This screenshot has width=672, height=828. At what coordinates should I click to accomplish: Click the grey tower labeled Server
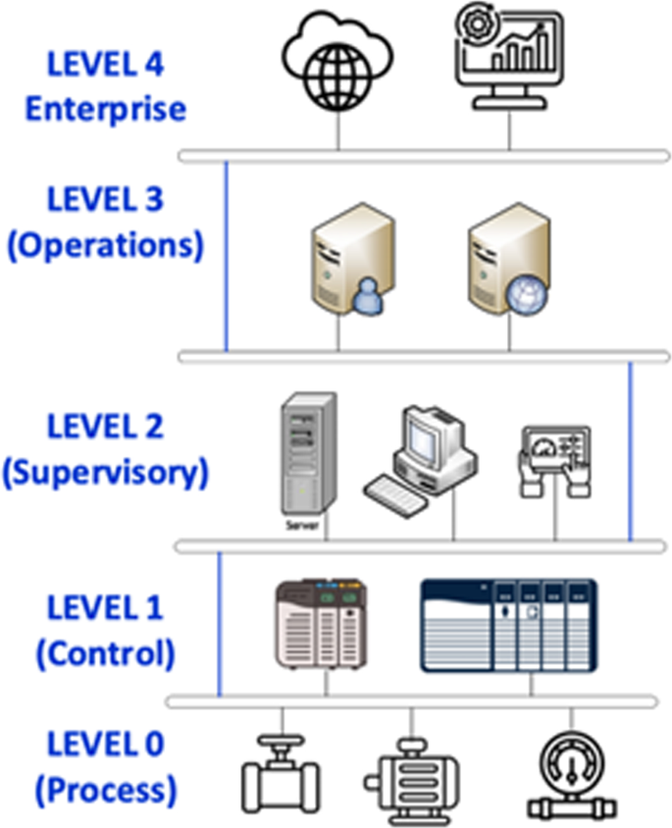pyautogui.click(x=307, y=455)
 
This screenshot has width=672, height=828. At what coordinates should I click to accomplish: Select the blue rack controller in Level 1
pyautogui.click(x=508, y=626)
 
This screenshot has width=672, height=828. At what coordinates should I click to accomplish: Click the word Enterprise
pyautogui.click(x=105, y=107)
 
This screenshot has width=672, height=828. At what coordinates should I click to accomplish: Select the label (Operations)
pyautogui.click(x=105, y=244)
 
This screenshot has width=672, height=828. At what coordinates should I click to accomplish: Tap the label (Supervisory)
pyautogui.click(x=105, y=473)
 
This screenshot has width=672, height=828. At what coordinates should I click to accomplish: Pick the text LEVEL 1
pyautogui.click(x=105, y=608)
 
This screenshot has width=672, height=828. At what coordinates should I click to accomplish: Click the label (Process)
pyautogui.click(x=105, y=789)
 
